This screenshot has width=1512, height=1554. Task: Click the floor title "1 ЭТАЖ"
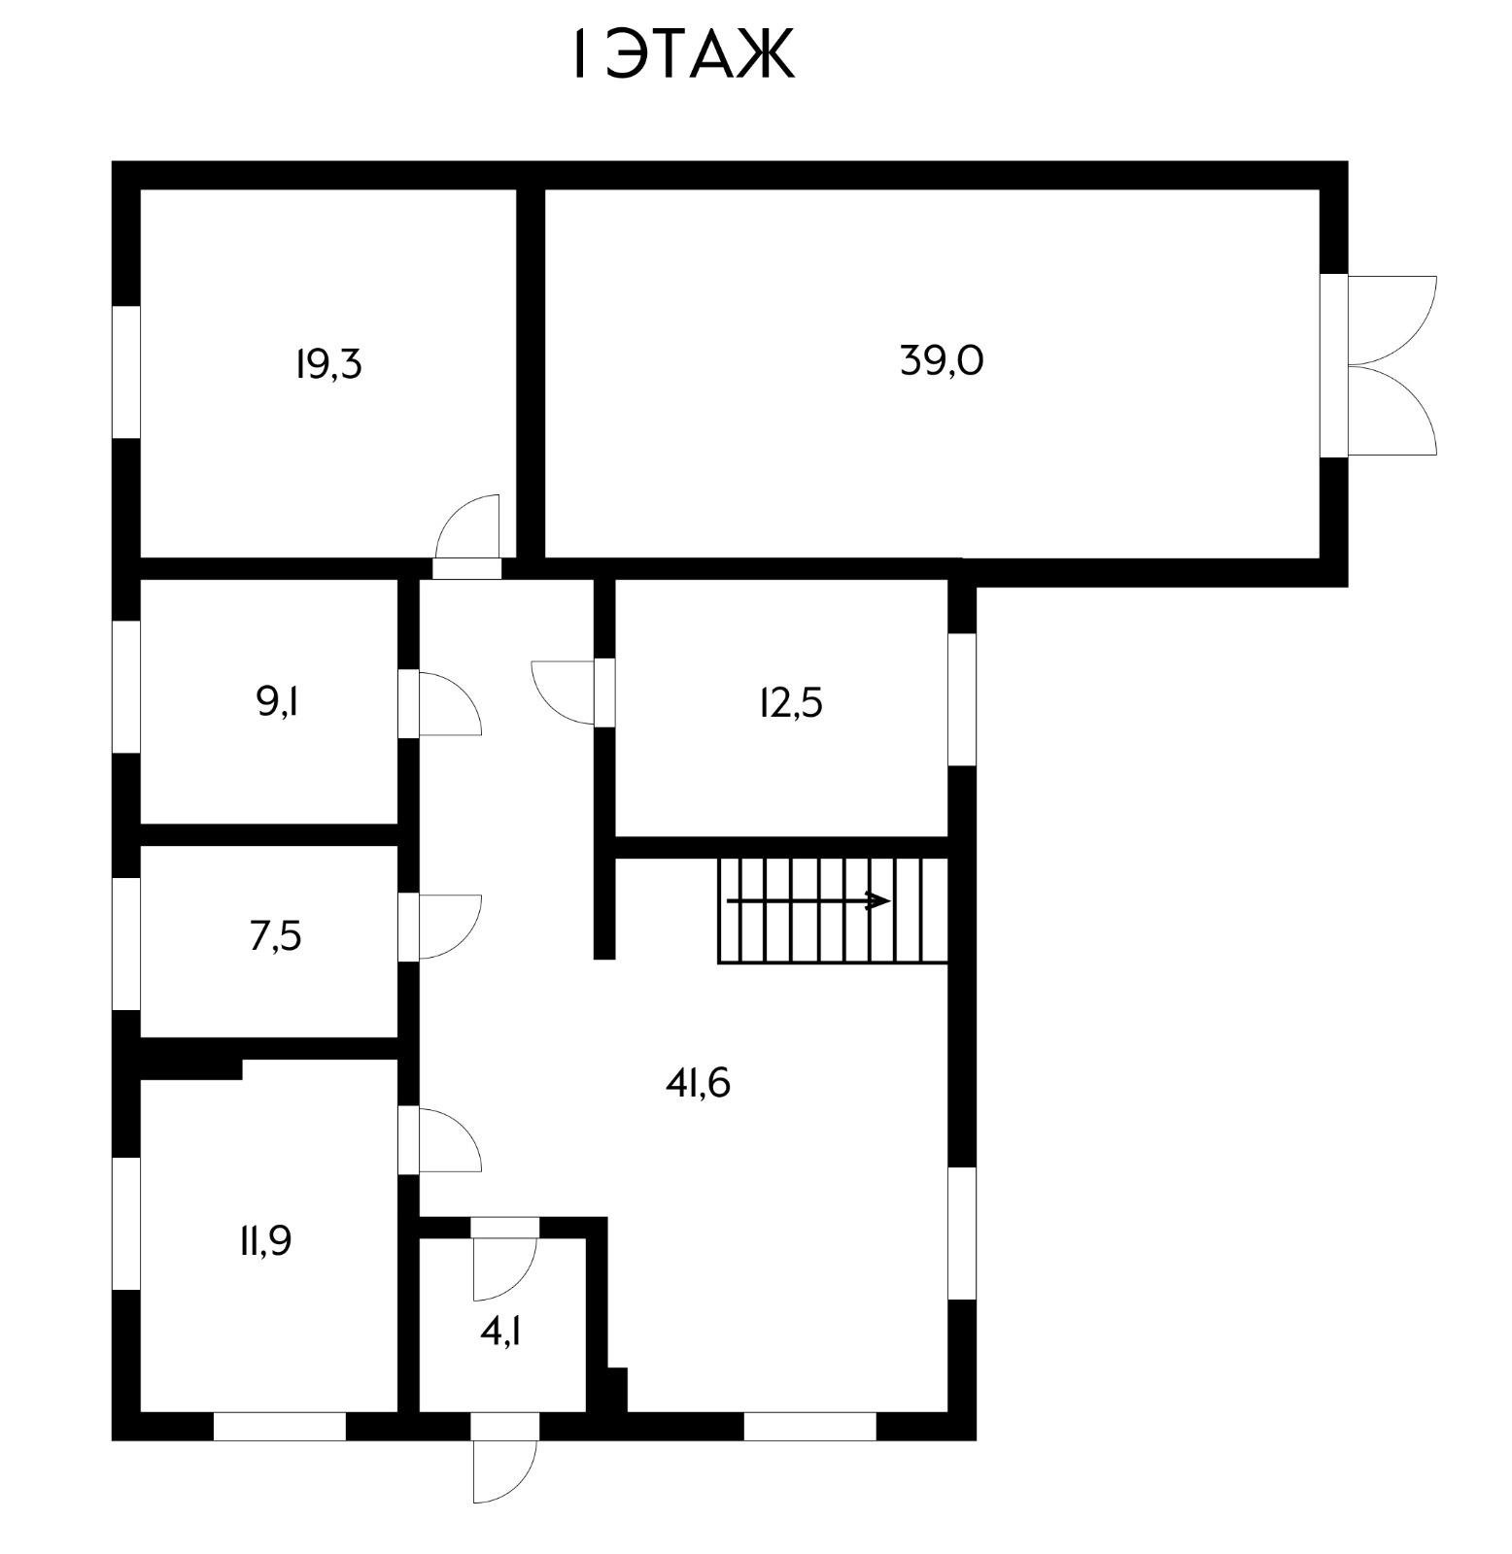click(680, 55)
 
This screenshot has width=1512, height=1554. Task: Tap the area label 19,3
click(328, 365)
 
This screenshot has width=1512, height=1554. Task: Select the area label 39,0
click(941, 361)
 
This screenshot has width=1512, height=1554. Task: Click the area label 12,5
click(790, 702)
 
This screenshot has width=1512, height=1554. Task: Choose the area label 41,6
click(697, 1082)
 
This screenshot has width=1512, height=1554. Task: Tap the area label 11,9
click(265, 1241)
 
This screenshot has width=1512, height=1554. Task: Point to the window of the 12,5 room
click(962, 699)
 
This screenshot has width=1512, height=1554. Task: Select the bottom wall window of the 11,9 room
click(280, 1426)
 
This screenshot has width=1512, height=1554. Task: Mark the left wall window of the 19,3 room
click(126, 372)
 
